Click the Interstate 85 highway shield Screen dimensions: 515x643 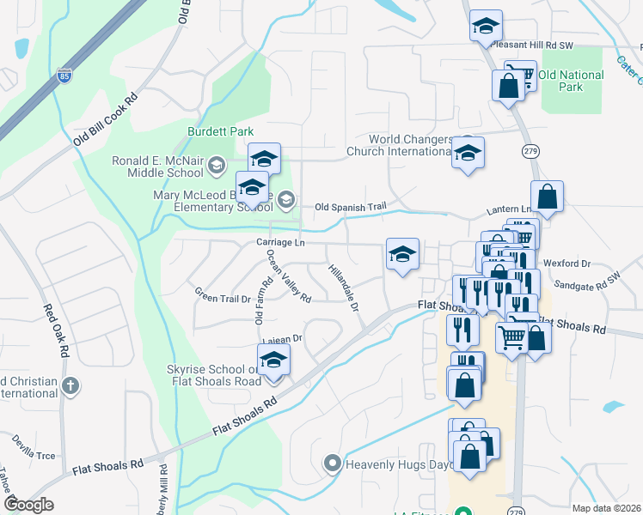64,76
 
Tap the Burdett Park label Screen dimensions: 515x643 221,132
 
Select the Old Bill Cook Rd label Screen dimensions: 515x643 106,118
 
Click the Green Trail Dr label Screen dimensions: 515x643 222,299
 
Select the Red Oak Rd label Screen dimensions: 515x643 55,331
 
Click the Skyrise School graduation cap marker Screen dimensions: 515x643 273,360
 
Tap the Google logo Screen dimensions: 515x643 28,504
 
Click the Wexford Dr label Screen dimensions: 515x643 567,264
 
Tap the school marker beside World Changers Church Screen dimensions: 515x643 468,154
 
